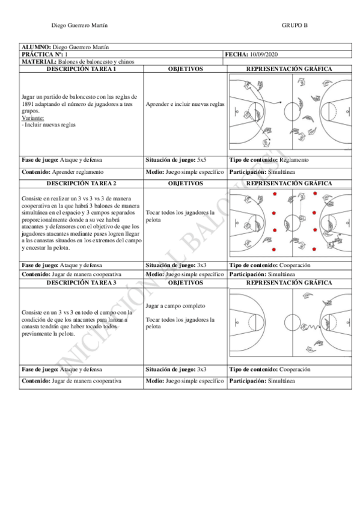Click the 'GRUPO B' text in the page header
coord(294,25)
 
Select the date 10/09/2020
coord(263,54)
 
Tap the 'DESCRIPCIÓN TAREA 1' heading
coord(81,69)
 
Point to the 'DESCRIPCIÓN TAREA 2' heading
coord(81,183)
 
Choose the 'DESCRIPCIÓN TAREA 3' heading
coord(81,283)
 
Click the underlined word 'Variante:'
coord(33,118)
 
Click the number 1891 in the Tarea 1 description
coord(27,104)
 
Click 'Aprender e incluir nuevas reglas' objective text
coord(185,105)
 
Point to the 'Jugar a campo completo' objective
coord(175,306)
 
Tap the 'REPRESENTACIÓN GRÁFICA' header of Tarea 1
coord(289,69)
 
